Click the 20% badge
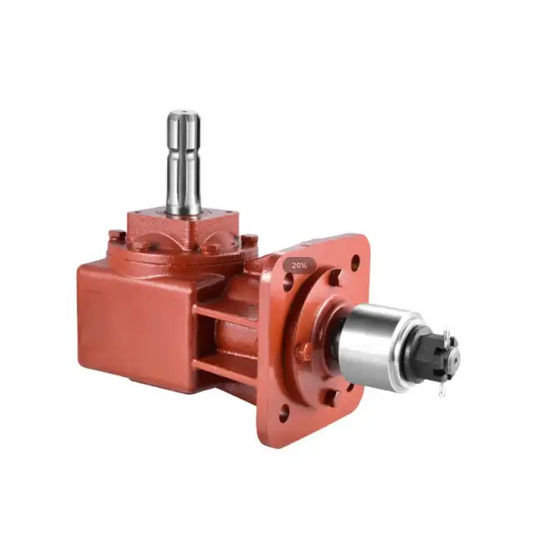coord(299,265)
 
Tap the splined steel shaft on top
coord(184,163)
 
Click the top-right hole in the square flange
coord(355,261)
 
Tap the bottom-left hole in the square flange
coord(283,412)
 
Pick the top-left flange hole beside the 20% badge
coord(288,281)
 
